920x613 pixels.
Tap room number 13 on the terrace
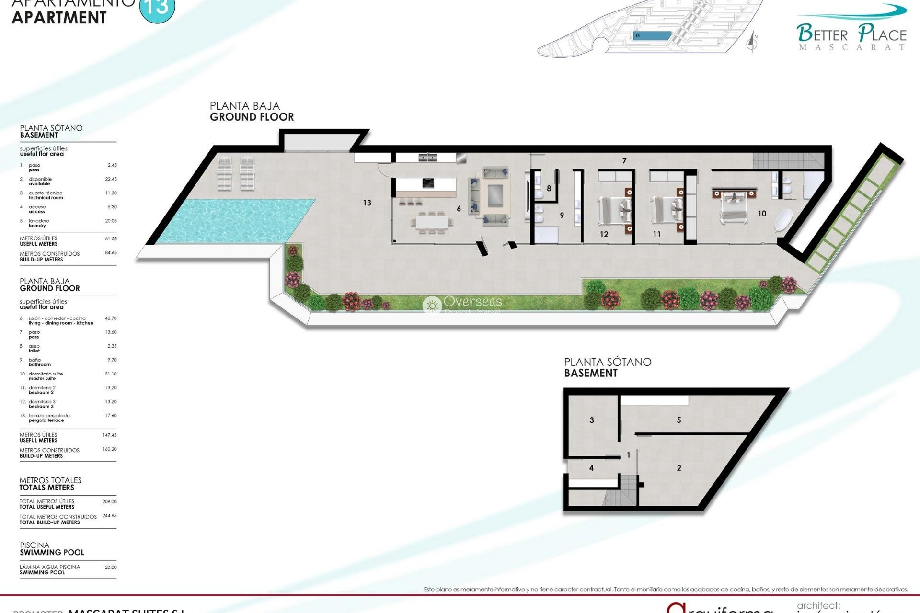click(367, 203)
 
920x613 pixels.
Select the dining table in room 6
click(432, 222)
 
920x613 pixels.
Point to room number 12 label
click(604, 234)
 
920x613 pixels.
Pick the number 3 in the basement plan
click(592, 420)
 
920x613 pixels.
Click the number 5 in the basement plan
click(679, 420)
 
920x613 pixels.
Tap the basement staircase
click(622, 489)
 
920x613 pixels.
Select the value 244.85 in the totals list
click(109, 516)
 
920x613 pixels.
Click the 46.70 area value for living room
click(111, 318)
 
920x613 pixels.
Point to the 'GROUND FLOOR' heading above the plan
click(252, 117)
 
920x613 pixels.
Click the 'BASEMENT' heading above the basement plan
click(591, 373)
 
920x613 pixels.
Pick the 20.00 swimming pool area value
click(111, 567)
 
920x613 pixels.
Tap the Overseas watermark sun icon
click(432, 305)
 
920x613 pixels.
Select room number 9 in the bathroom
click(562, 215)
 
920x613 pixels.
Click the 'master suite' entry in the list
click(42, 378)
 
